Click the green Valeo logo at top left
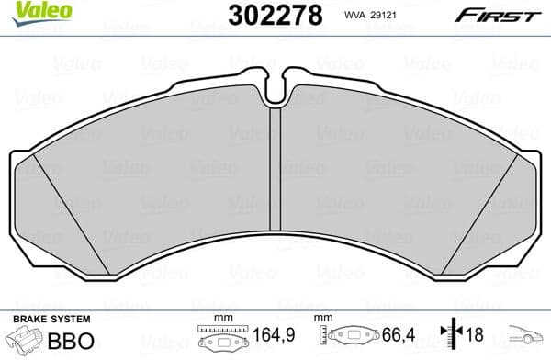28,11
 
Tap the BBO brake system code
70,340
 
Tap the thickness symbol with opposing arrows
451,339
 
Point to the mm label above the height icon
321,318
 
